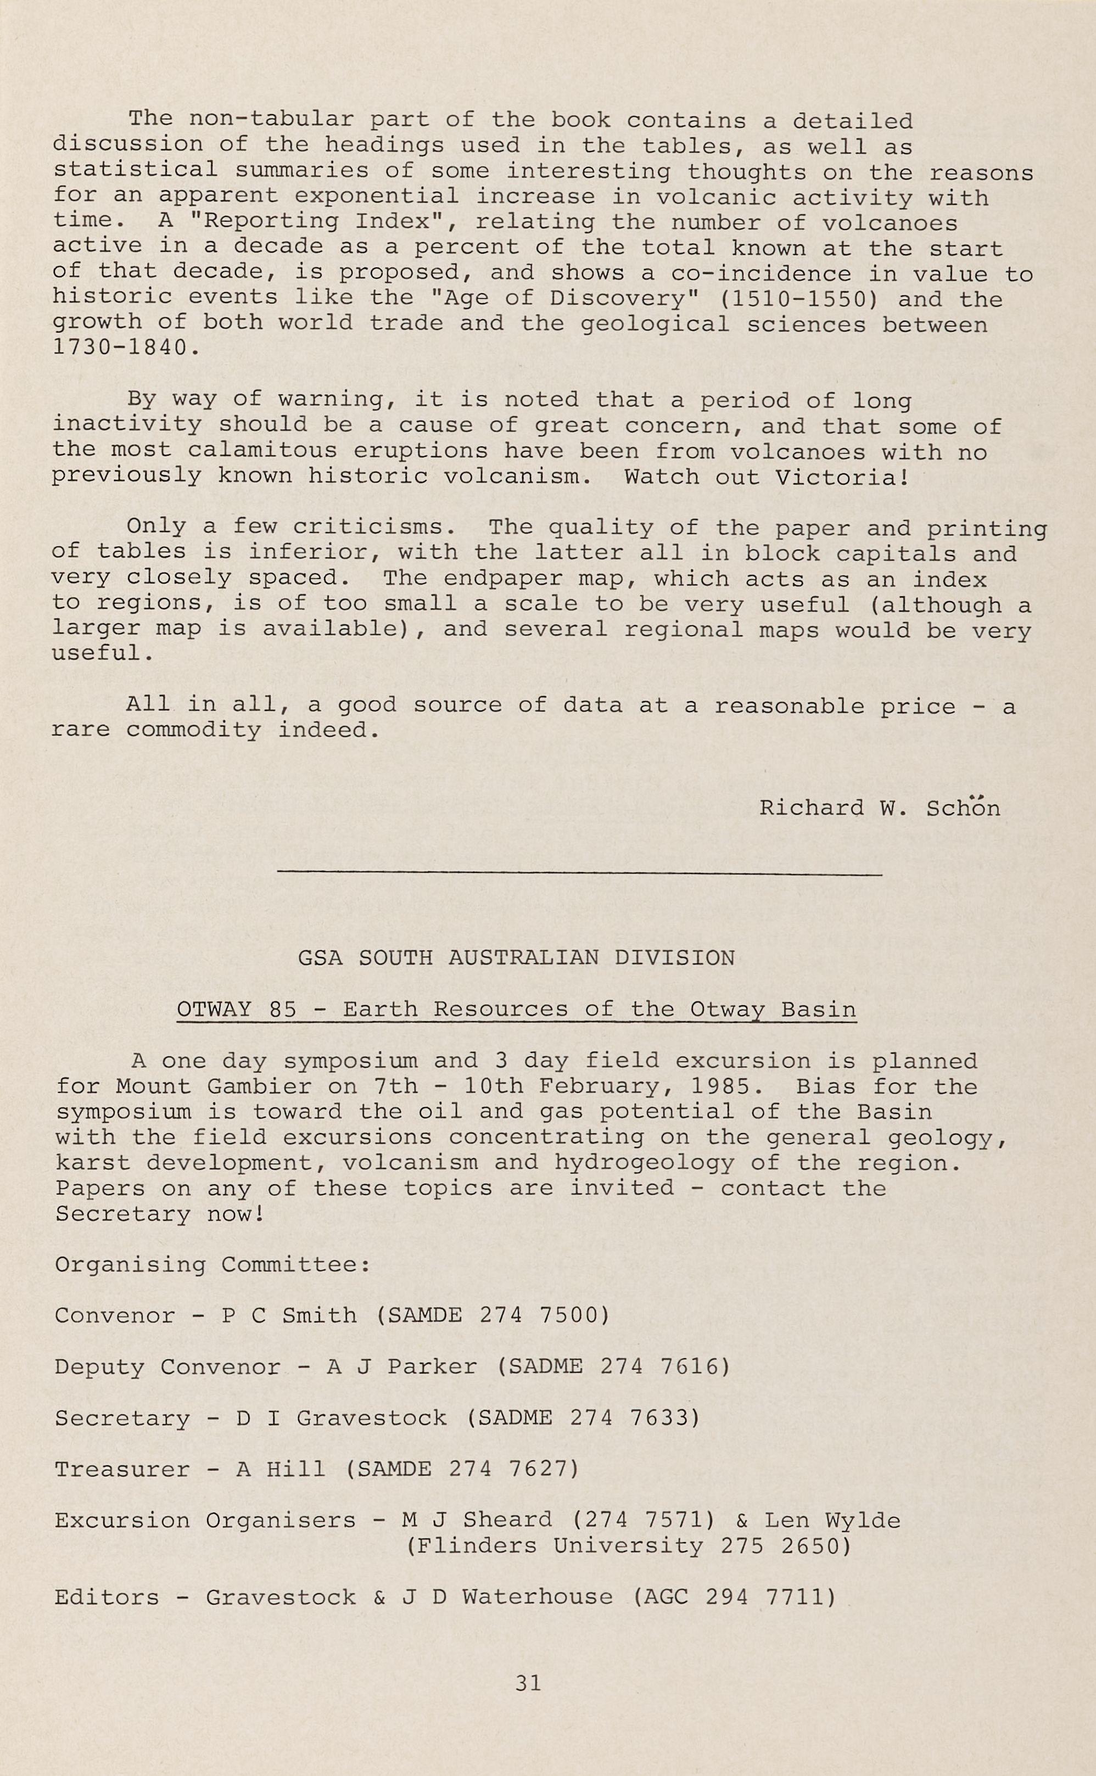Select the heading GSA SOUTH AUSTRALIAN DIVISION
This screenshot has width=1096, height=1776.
point(516,958)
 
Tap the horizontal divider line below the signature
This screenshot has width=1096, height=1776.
point(579,875)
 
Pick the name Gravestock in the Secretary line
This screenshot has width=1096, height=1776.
point(371,1418)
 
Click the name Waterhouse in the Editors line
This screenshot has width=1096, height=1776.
point(537,1597)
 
